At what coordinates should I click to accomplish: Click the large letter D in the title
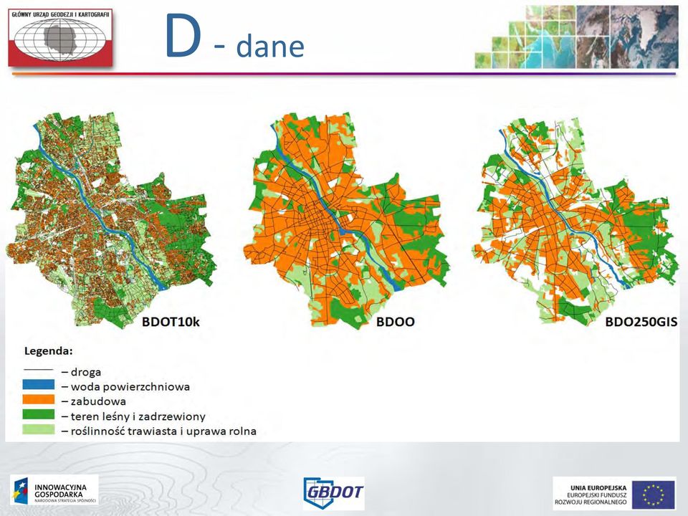[x=183, y=36]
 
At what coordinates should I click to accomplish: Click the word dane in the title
[x=271, y=46]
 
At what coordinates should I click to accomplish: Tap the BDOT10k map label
[x=171, y=322]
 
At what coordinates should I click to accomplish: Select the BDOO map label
[x=396, y=322]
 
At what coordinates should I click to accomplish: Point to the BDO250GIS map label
[x=641, y=322]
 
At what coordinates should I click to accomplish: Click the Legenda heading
[x=48, y=351]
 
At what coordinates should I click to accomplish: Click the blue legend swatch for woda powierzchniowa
[x=39, y=385]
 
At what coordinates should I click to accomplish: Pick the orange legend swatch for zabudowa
[x=39, y=400]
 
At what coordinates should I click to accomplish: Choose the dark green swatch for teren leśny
[x=39, y=415]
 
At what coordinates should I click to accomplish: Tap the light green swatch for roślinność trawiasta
[x=39, y=429]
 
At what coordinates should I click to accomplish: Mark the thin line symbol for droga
[x=39, y=370]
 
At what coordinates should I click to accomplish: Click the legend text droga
[x=86, y=372]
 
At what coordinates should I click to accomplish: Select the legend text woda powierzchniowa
[x=130, y=387]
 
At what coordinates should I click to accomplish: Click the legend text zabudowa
[x=98, y=401]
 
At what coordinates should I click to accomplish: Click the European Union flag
[x=654, y=494]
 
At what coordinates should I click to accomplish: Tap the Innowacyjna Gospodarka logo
[x=54, y=492]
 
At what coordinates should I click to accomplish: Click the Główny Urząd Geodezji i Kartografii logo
[x=60, y=38]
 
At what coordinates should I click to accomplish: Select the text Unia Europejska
[x=598, y=488]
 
